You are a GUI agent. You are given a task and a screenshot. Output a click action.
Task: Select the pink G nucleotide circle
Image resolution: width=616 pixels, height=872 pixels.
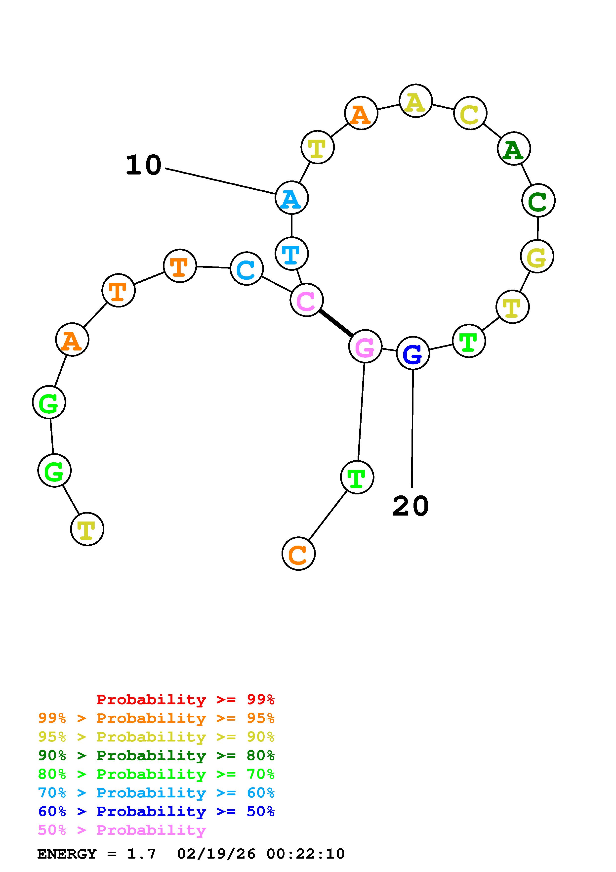(365, 346)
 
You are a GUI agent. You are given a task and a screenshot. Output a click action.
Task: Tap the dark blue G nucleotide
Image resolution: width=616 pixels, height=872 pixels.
(413, 353)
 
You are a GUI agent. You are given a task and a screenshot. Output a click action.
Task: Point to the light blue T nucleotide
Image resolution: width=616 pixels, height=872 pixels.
(291, 254)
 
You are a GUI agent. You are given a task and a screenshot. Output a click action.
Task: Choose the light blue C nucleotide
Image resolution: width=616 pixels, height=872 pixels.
(247, 268)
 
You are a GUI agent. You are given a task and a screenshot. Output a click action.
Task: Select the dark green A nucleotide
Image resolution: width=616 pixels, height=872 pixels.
(514, 149)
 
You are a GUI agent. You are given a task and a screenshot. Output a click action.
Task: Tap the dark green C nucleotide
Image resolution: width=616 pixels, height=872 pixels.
(538, 200)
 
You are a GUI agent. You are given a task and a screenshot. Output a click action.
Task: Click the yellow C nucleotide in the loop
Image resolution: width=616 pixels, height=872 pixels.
(470, 113)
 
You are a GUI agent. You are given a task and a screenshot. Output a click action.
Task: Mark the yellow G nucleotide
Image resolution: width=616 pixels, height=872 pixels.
(537, 256)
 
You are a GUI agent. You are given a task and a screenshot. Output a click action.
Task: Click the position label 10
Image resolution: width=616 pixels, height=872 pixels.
(143, 165)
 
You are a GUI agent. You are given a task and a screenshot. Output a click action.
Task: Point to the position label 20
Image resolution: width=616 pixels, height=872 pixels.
(411, 506)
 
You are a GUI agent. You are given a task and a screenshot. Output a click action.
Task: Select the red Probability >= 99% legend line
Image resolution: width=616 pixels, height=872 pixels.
(186, 699)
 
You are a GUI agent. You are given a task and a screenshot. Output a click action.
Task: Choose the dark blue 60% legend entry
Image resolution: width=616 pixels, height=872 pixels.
(156, 811)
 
